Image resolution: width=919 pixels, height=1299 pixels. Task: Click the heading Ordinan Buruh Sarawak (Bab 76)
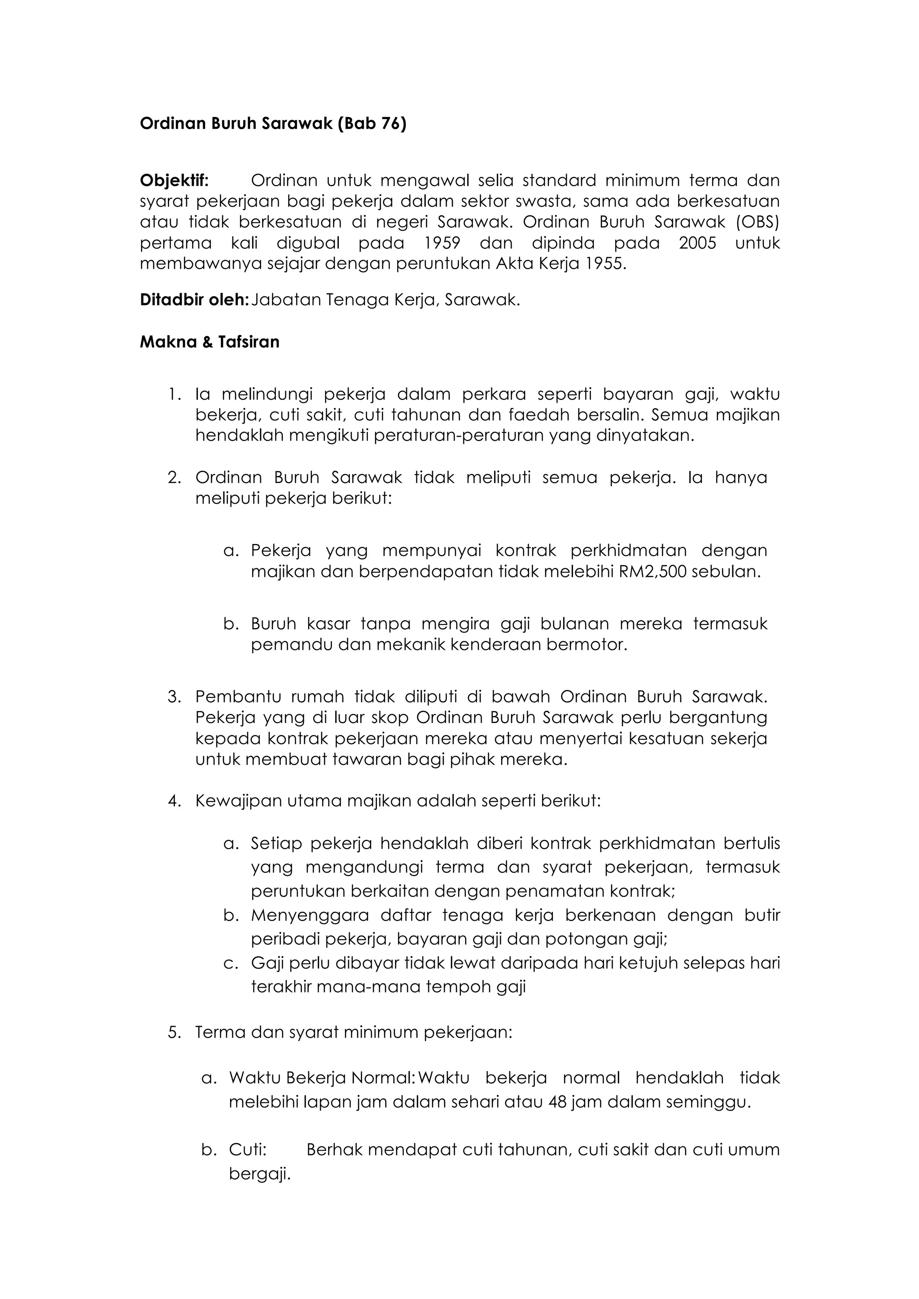click(273, 123)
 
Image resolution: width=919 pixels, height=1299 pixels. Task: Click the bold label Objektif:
click(174, 180)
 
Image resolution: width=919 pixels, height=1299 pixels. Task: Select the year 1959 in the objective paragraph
click(442, 243)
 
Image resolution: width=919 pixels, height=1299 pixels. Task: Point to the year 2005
click(697, 243)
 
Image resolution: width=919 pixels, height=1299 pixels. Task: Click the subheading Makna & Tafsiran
click(210, 342)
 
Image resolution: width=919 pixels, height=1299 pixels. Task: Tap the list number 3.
click(174, 697)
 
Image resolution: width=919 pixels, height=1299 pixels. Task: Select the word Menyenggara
click(310, 915)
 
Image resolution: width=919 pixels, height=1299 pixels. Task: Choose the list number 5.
click(174, 1033)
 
